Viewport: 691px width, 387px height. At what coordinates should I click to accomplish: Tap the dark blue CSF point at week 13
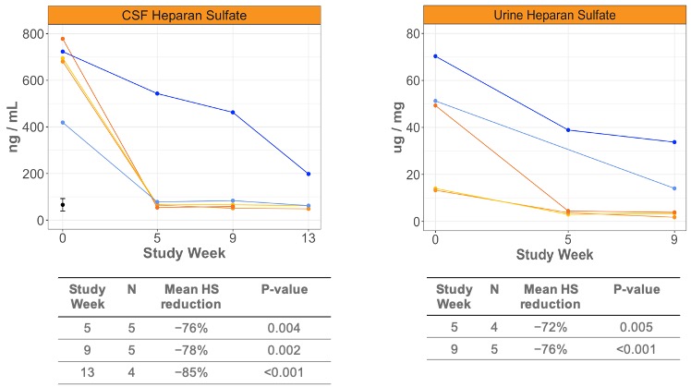308,174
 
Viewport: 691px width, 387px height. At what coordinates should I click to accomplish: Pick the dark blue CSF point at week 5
157,93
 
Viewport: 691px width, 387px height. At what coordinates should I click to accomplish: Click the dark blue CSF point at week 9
233,113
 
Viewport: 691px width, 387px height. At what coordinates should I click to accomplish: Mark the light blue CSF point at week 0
63,122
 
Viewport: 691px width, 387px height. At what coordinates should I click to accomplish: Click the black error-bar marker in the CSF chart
63,205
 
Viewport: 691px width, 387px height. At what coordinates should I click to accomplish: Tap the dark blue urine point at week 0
435,56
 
